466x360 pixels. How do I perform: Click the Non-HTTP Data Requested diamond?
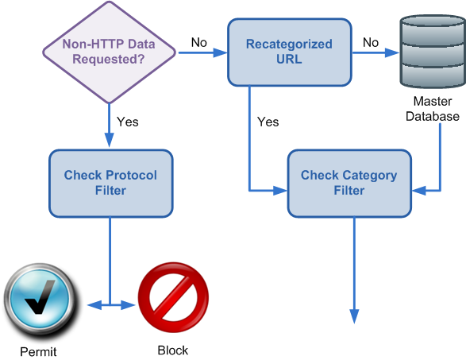point(109,52)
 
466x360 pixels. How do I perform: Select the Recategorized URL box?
point(290,52)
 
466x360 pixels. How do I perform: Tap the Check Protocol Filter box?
point(111,184)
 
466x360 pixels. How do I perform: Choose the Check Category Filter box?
point(349,184)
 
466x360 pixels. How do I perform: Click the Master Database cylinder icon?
point(433,52)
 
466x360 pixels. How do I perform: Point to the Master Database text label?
point(433,109)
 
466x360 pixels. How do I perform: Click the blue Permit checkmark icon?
point(40,301)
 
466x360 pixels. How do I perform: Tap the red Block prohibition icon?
point(173,297)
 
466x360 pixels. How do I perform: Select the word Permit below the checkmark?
point(38,352)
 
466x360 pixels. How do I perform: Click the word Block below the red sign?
point(173,350)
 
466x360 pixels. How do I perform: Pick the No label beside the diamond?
point(198,43)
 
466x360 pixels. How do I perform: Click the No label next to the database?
point(371,43)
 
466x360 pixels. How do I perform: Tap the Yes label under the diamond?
point(128,122)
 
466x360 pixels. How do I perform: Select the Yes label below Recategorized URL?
point(268,122)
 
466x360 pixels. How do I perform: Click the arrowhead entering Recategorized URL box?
point(221,52)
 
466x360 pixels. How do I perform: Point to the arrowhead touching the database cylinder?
point(392,52)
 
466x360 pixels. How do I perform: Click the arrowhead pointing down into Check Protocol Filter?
point(110,140)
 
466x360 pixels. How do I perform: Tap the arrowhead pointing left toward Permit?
point(94,305)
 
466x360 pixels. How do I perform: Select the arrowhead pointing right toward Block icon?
point(128,305)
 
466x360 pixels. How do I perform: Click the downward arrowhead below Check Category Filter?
point(354,316)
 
